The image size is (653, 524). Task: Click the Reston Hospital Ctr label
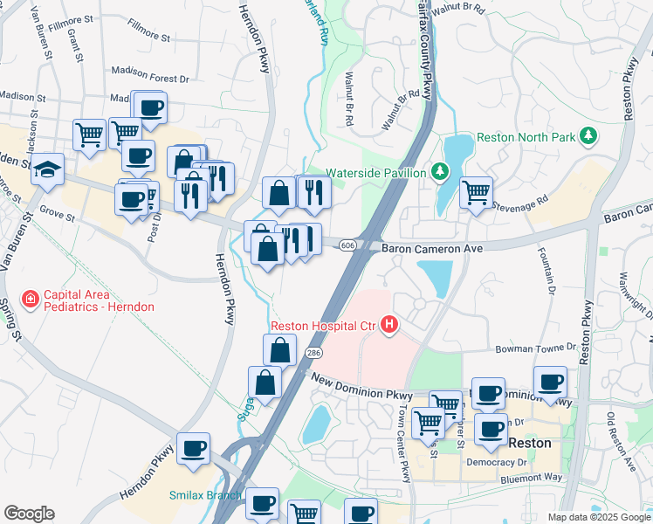point(322,327)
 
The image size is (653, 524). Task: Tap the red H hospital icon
point(388,327)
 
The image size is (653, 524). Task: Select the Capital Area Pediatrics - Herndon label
point(99,300)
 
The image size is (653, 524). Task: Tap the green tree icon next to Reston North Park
point(588,135)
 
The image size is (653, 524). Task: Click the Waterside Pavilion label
point(376,172)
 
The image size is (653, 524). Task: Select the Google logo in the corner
point(29,514)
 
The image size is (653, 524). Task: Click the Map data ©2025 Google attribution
point(598,517)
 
